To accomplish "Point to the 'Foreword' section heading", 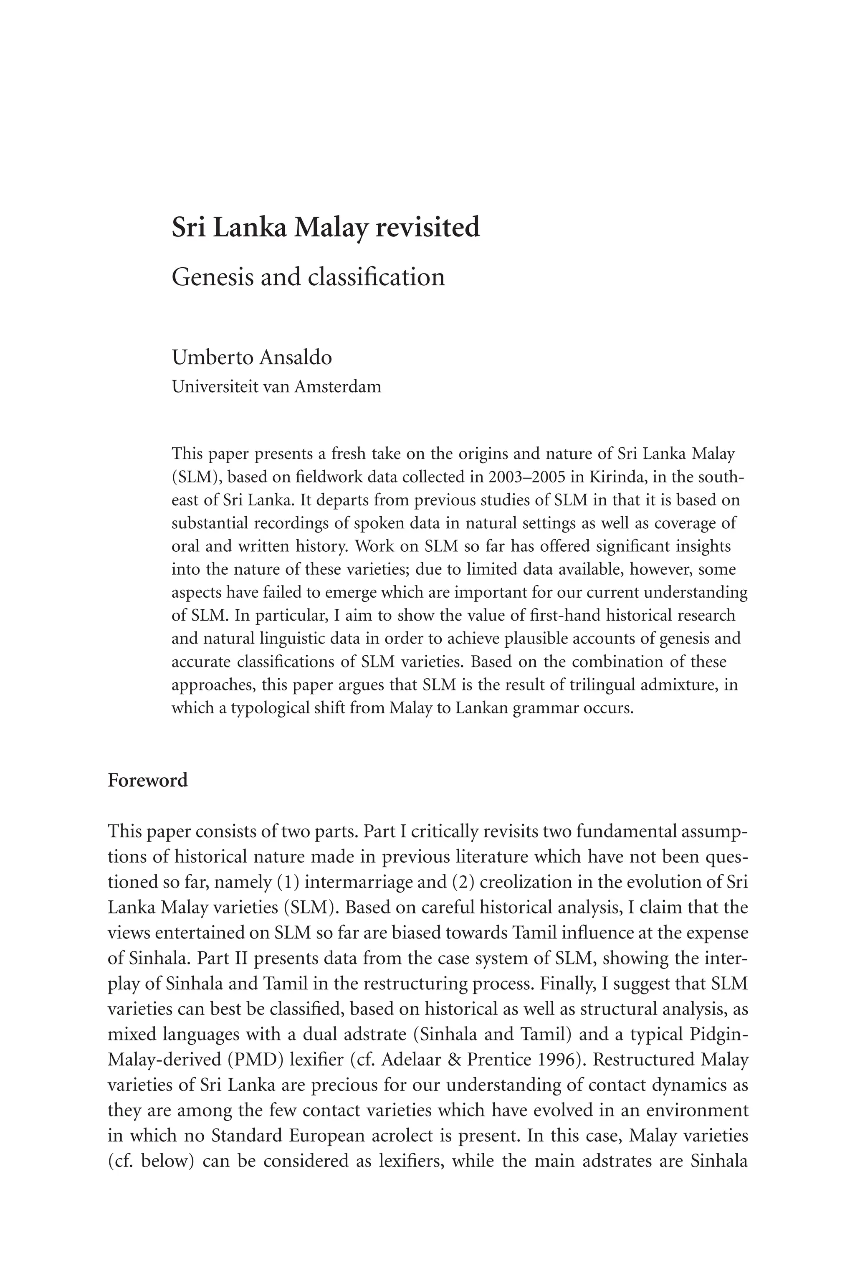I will (x=147, y=780).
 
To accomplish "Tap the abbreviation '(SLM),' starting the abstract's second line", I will (x=196, y=477).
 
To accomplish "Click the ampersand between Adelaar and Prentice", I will (x=457, y=1059).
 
